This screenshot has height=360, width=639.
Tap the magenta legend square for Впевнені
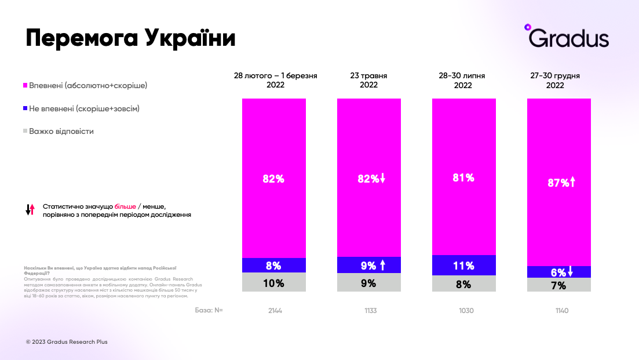click(25, 85)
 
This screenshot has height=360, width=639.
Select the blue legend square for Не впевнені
click(25, 108)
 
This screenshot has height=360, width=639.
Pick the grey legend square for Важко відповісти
click(25, 131)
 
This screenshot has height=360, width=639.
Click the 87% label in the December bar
click(558, 183)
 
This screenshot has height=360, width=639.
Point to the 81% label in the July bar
click(463, 178)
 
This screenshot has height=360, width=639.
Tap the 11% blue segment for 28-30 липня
click(464, 266)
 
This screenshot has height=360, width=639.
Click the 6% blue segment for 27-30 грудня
click(558, 272)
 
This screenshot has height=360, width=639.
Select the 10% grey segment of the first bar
click(274, 283)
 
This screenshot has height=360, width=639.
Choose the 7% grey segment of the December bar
click(558, 285)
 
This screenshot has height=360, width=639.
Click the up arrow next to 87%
click(572, 183)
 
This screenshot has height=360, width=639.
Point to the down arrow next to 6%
click(570, 271)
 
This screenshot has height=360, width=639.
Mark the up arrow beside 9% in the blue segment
click(382, 266)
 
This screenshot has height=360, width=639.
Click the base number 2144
click(275, 311)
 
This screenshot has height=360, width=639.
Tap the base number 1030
click(466, 311)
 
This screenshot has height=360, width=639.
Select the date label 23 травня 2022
click(369, 80)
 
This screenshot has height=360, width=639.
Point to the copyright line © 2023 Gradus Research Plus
click(67, 342)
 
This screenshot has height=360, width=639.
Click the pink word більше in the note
click(125, 206)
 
